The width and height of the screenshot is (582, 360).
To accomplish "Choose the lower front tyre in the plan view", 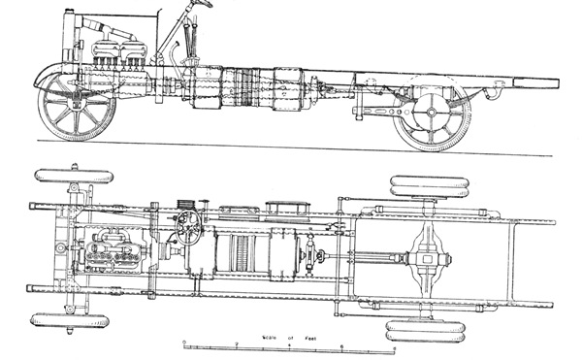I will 69,318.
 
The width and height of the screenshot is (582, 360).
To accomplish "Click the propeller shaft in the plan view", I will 364,258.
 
